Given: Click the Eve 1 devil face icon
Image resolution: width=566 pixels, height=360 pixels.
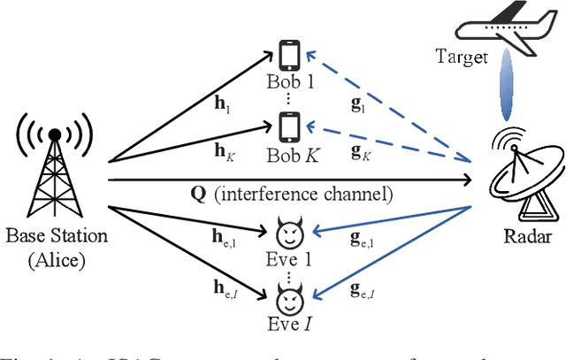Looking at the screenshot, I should pos(287,234).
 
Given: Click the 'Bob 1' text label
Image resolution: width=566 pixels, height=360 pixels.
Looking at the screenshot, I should pos(290,83).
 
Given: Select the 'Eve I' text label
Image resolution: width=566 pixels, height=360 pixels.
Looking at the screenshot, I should pos(289,326).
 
